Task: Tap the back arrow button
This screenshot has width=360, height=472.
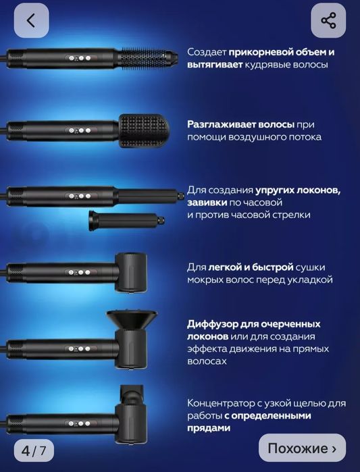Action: [x=30, y=20]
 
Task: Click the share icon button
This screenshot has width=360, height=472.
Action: [x=328, y=20]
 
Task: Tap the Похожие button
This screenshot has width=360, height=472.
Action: [x=302, y=448]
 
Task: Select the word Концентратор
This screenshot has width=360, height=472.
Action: [x=224, y=403]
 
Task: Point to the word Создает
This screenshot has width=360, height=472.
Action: [x=207, y=53]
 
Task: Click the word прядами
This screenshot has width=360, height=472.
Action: [x=209, y=427]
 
